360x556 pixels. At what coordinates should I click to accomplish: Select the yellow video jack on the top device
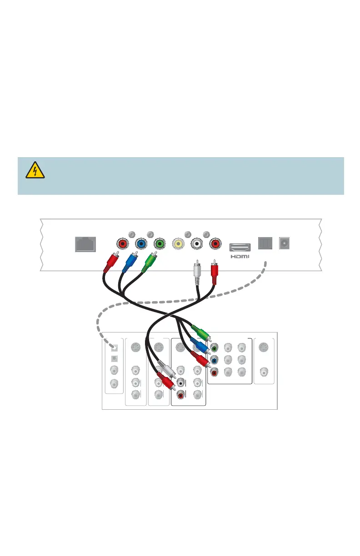pyautogui.click(x=177, y=243)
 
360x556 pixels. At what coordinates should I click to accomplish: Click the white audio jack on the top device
pyautogui.click(x=196, y=243)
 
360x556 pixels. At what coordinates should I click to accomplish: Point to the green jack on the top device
pyautogui.click(x=159, y=243)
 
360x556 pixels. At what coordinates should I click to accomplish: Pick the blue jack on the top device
pyautogui.click(x=140, y=243)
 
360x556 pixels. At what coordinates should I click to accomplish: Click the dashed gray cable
pyautogui.click(x=98, y=325)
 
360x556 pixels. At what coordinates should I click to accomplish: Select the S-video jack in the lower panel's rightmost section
pyautogui.click(x=264, y=348)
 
